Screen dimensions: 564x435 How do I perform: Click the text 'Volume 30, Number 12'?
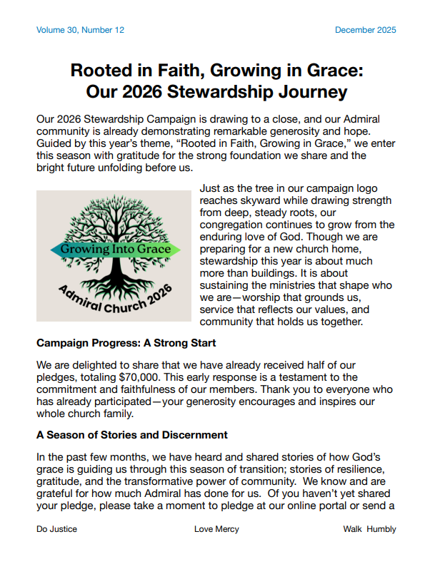(x=80, y=30)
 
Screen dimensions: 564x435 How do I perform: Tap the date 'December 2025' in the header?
(x=365, y=30)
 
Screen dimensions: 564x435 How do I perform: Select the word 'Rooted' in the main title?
(x=101, y=71)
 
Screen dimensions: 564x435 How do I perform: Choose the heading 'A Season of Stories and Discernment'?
(x=132, y=434)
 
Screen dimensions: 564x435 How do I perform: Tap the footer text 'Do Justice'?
(x=56, y=529)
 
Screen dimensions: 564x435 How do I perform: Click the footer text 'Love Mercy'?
(x=216, y=529)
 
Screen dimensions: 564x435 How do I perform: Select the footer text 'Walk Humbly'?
(x=369, y=529)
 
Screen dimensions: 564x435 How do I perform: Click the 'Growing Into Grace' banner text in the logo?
(x=115, y=250)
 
